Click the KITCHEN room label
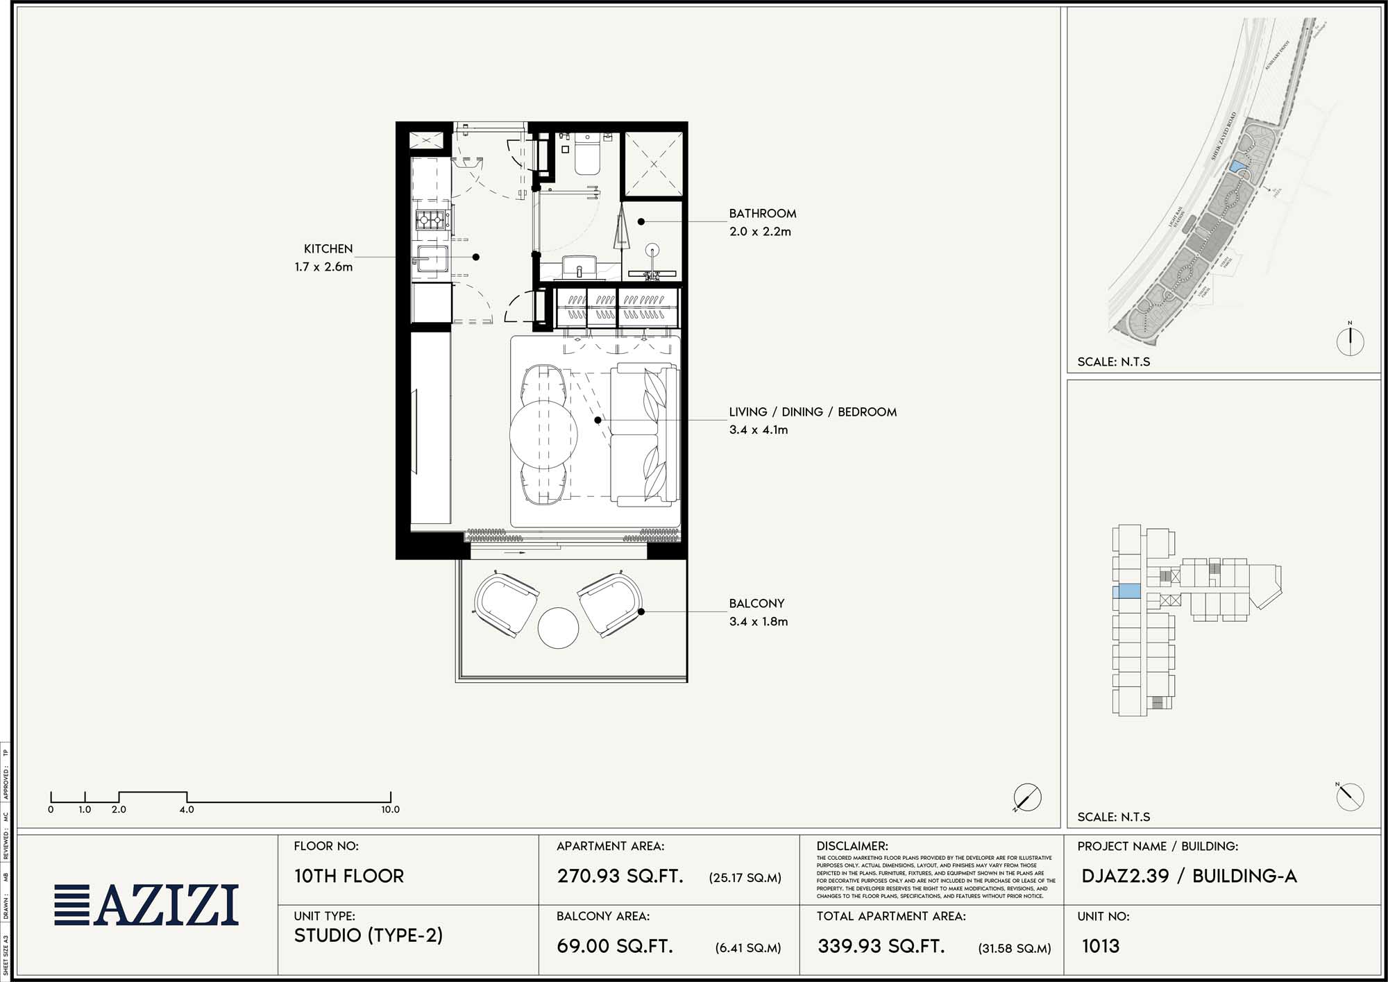[x=328, y=248]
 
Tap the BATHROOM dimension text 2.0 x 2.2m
[x=759, y=232]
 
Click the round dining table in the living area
[x=543, y=434]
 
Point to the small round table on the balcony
[x=558, y=628]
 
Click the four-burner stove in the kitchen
[x=430, y=221]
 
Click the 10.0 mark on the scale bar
[x=390, y=809]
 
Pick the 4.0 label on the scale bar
[x=187, y=809]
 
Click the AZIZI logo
[x=146, y=905]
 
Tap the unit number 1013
[x=1100, y=946]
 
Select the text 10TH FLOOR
[x=348, y=876]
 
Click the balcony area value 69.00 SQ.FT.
[x=615, y=946]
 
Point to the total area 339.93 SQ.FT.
[x=881, y=946]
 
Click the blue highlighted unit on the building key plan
[x=1126, y=592]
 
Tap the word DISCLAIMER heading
[x=852, y=846]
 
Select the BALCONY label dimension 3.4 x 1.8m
[x=758, y=622]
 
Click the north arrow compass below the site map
[x=1350, y=341]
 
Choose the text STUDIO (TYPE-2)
[x=368, y=936]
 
